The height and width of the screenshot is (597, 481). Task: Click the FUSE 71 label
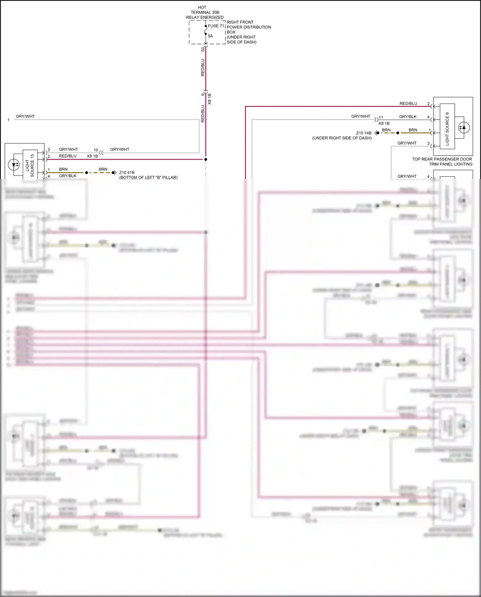[216, 26]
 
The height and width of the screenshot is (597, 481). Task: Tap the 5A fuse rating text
[210, 36]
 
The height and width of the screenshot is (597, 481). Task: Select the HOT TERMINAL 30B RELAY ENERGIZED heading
[205, 13]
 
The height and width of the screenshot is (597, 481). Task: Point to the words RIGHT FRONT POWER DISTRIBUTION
[249, 25]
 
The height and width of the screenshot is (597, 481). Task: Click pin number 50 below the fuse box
[203, 49]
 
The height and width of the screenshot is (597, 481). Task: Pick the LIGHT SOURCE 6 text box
[447, 129]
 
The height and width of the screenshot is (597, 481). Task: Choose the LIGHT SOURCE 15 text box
[30, 165]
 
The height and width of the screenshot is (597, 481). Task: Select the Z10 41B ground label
[127, 173]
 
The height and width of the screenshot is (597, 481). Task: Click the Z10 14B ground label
[364, 133]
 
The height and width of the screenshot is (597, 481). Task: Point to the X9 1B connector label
[384, 124]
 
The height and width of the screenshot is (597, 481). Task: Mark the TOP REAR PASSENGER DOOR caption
[442, 159]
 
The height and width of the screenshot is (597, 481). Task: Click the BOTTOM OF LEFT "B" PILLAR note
[148, 177]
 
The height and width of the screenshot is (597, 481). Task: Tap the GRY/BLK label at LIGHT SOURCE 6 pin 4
[408, 117]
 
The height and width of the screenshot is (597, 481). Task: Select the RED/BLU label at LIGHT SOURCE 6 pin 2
[408, 104]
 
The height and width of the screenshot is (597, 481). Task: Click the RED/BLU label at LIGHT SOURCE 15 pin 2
[68, 156]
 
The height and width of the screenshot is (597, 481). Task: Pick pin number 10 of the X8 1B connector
[96, 150]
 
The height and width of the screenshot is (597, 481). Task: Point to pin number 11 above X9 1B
[381, 117]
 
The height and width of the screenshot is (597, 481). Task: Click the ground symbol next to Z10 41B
[114, 173]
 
